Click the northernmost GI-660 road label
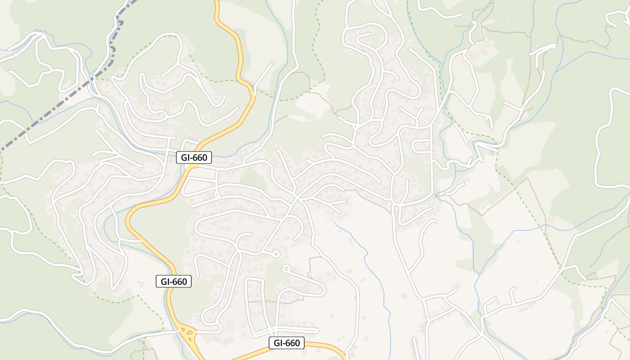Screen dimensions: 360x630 [x=194, y=157]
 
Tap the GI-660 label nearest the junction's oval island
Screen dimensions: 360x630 [x=174, y=282]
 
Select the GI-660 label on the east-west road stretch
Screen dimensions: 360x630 [x=287, y=343]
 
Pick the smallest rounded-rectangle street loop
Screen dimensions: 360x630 [x=422, y=146]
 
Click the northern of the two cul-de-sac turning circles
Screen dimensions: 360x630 [x=276, y=255]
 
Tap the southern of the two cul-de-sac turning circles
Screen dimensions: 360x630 [x=286, y=269]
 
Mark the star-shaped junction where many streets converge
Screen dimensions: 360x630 [x=297, y=197]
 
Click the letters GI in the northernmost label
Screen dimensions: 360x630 [x=187, y=157]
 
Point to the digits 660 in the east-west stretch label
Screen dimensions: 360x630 [x=292, y=343]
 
